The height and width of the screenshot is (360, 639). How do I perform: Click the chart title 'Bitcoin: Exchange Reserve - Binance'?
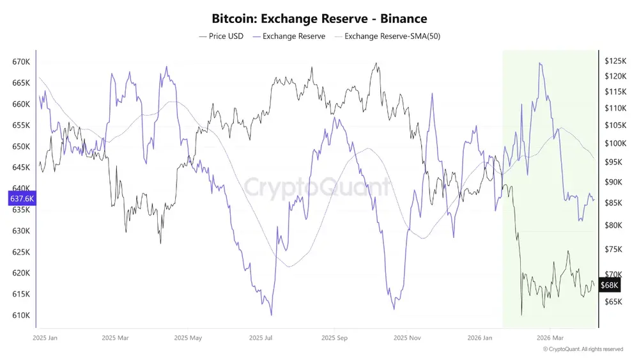point(319,19)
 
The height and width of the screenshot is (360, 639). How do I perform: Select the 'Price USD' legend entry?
point(221,36)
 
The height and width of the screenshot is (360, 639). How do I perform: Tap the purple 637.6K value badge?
point(22,198)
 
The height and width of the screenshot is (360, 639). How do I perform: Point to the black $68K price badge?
point(610,285)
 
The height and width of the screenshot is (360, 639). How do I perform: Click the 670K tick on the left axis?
point(22,62)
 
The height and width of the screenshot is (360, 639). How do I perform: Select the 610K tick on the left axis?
point(22,315)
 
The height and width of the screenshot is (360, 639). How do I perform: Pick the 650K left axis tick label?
point(22,146)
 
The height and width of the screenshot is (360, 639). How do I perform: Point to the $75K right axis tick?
point(613,249)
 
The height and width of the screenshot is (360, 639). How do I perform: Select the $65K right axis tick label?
point(613,301)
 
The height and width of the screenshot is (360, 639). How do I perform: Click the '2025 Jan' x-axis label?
point(44,337)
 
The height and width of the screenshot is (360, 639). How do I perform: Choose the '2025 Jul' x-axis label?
point(261,337)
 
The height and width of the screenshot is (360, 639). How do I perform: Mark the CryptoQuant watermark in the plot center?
point(317,188)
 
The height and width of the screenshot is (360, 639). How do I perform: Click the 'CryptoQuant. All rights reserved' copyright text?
point(583,349)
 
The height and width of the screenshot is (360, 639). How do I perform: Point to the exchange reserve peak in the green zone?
point(541,63)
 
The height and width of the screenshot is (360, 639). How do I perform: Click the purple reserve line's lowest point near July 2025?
point(272,315)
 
